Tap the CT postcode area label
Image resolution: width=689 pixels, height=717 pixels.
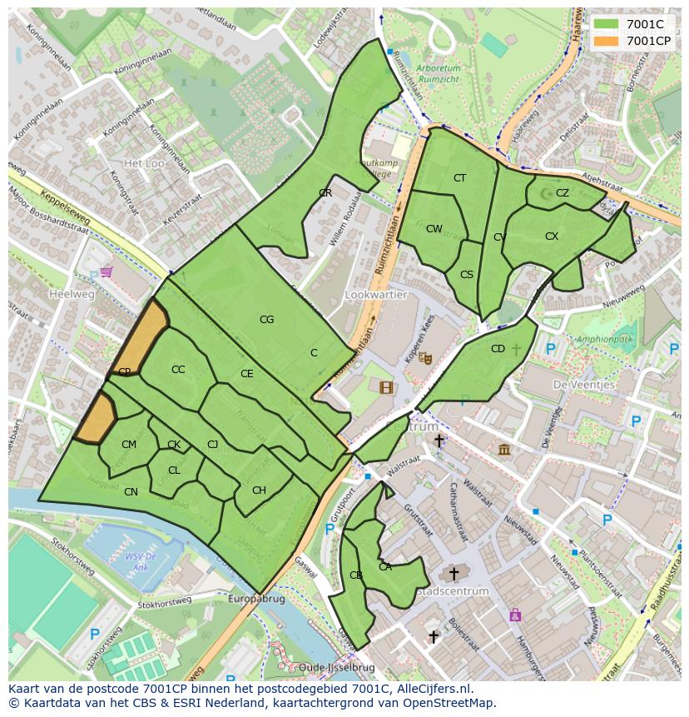click(x=459, y=178)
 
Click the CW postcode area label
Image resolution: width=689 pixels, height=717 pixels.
click(x=434, y=229)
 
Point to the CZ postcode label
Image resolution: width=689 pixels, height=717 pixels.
click(x=563, y=193)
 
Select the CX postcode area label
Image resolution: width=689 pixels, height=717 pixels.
click(x=552, y=237)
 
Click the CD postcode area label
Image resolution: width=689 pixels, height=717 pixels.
click(x=498, y=349)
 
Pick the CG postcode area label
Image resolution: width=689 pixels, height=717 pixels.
click(x=266, y=319)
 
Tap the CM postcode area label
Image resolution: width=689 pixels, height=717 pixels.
click(x=128, y=445)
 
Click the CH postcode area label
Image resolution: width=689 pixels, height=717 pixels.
click(x=259, y=490)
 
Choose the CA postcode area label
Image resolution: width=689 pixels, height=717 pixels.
click(x=385, y=567)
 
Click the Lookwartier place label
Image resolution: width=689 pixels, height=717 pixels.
click(x=375, y=295)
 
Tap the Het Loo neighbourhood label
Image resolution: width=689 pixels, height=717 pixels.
click(x=143, y=163)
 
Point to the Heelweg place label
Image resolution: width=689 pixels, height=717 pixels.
click(x=72, y=294)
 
